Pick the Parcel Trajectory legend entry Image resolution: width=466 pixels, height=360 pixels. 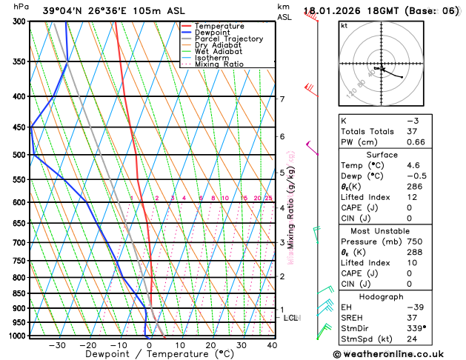(228, 39)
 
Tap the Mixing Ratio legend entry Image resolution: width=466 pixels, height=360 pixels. (219, 64)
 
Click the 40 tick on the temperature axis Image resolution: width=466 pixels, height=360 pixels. (272, 345)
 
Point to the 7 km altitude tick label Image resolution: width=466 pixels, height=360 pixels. (282, 99)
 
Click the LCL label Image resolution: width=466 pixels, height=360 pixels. (290, 318)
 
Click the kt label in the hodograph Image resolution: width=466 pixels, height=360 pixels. (344, 25)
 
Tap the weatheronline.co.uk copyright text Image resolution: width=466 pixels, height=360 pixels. (398, 353)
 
